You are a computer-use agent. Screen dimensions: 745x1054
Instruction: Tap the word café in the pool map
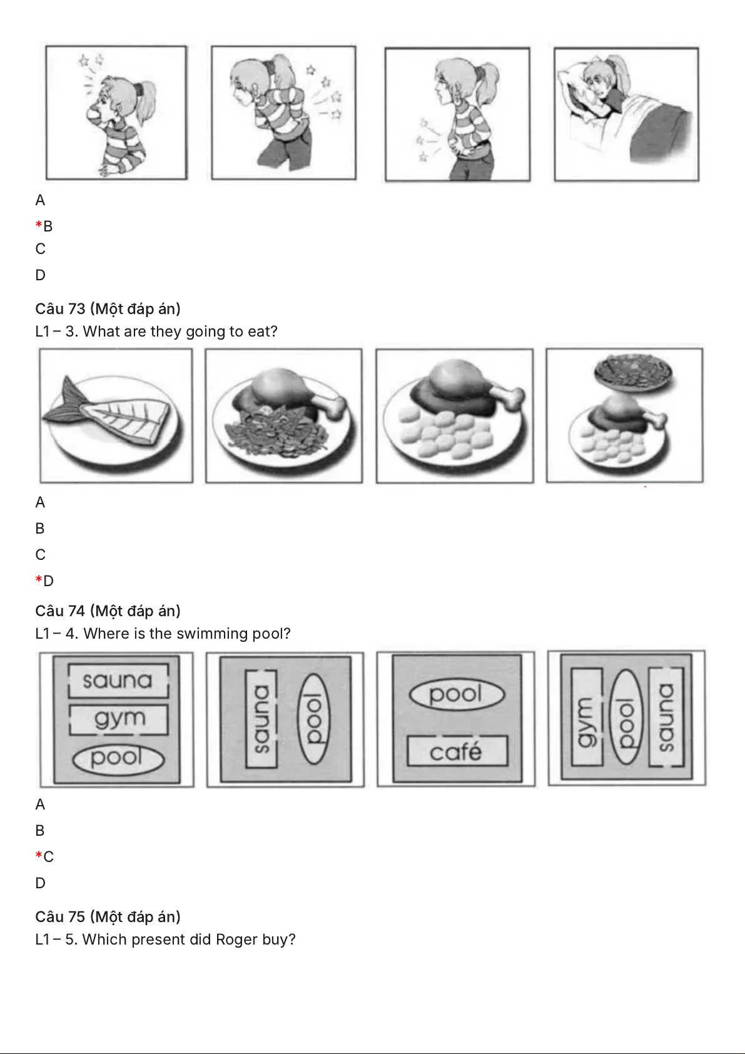tap(455, 751)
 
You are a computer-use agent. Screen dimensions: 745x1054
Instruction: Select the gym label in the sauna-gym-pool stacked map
tap(119, 719)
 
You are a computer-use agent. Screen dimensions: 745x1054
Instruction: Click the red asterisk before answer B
tap(39, 225)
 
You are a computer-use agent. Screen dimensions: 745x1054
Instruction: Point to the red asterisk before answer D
tap(39, 579)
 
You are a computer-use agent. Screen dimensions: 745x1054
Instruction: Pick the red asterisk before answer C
tap(39, 855)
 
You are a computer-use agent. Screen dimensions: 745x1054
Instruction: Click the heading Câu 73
tap(60, 308)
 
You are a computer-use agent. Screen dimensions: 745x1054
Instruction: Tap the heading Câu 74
tap(60, 611)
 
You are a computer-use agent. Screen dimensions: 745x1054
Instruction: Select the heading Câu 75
tap(60, 916)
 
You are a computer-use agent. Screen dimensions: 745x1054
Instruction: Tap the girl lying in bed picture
tap(626, 114)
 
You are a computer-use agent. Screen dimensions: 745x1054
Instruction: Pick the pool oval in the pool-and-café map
tap(457, 694)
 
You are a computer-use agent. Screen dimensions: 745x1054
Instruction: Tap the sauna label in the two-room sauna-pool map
tap(261, 719)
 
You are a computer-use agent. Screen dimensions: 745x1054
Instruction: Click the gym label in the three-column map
tap(586, 717)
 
